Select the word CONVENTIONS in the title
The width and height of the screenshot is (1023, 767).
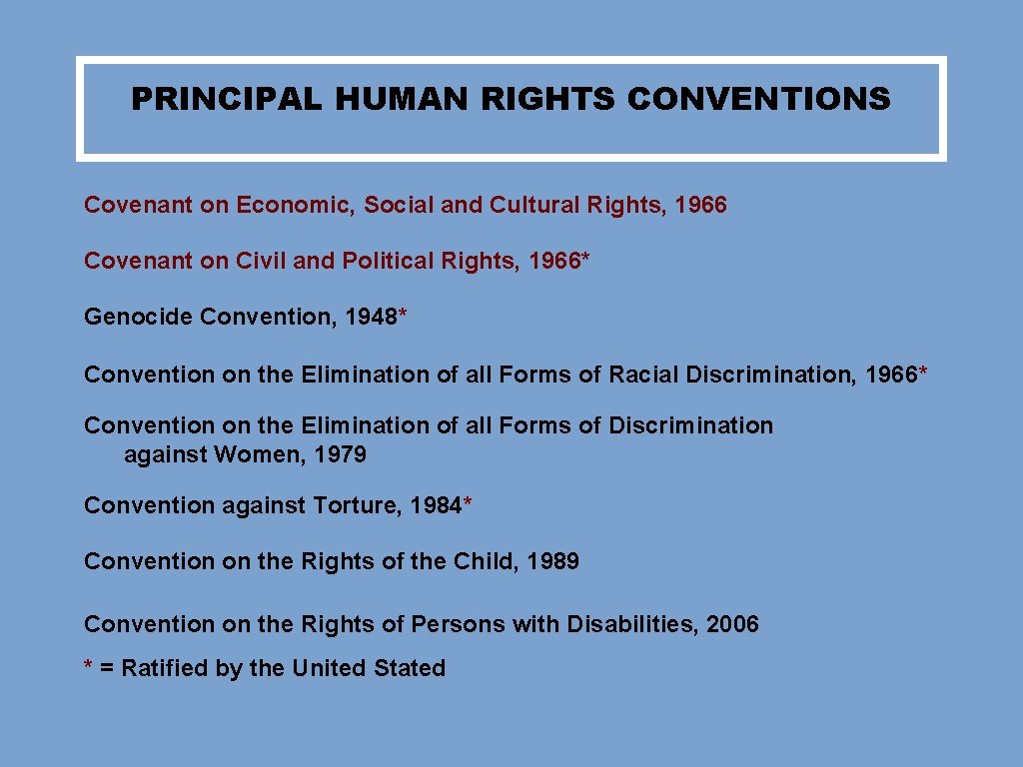pos(758,99)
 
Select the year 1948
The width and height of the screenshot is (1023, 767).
pos(371,318)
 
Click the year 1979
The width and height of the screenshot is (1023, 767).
pos(340,455)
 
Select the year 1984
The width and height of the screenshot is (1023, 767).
pos(437,505)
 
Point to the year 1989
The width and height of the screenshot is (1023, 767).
pos(552,561)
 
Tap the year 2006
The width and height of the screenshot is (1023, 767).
pos(732,624)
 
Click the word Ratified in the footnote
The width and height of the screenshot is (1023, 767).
pos(164,668)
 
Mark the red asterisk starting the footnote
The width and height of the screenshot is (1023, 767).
pos(89,665)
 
